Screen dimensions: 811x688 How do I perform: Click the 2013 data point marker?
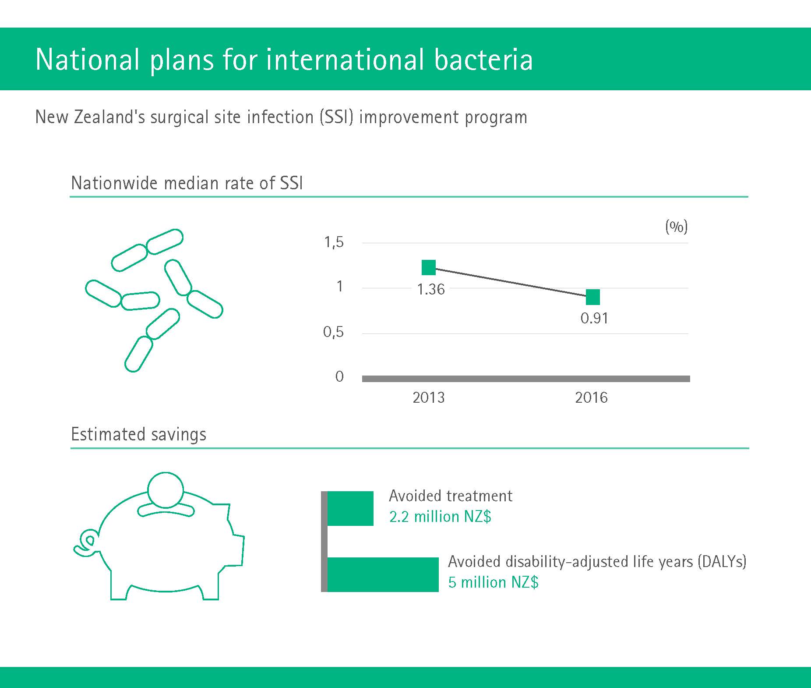(429, 267)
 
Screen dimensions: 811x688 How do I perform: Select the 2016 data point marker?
(592, 297)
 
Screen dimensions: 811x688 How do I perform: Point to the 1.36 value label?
(431, 289)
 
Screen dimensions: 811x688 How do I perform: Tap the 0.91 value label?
(594, 318)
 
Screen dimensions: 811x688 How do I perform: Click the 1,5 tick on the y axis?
(334, 242)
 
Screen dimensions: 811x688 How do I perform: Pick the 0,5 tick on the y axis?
(334, 332)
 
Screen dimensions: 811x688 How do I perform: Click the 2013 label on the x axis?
(429, 397)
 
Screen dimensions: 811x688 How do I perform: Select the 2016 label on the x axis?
(591, 397)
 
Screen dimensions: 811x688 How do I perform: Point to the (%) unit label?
(677, 227)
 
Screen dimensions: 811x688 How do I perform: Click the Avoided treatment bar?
(350, 508)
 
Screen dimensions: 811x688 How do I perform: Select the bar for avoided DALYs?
(383, 575)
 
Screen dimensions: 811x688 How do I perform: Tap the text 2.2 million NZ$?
(440, 517)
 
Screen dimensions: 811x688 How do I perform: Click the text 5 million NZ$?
(494, 582)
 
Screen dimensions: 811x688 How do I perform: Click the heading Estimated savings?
(138, 434)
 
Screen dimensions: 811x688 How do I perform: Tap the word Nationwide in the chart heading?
(114, 183)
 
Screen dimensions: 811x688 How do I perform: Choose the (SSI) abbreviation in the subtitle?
(336, 117)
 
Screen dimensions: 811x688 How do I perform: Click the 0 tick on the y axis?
(339, 376)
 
